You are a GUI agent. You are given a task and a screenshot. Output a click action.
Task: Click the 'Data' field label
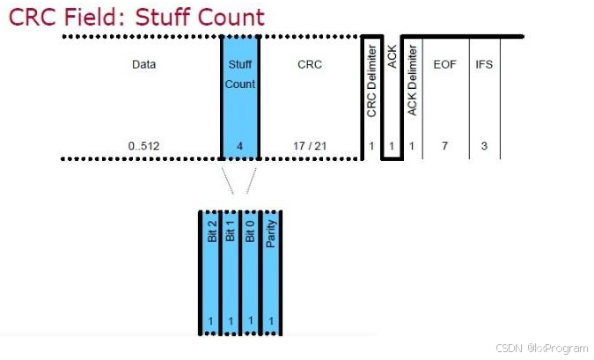pyautogui.click(x=143, y=64)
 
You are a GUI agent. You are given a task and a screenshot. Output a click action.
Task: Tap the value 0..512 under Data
pyautogui.click(x=143, y=145)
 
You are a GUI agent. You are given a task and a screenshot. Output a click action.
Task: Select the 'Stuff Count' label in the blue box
pyautogui.click(x=239, y=74)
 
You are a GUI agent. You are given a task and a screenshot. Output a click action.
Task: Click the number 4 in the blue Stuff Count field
pyautogui.click(x=239, y=145)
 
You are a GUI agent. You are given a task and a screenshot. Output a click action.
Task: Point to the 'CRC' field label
pyautogui.click(x=310, y=64)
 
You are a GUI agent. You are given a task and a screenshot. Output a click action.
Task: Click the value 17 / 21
pyautogui.click(x=310, y=145)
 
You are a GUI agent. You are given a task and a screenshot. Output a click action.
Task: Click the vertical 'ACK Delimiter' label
pyautogui.click(x=413, y=84)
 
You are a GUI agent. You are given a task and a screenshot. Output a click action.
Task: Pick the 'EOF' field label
pyautogui.click(x=445, y=64)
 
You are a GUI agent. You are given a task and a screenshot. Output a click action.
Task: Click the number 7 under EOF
pyautogui.click(x=445, y=145)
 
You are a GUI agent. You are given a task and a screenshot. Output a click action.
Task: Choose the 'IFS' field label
pyautogui.click(x=484, y=64)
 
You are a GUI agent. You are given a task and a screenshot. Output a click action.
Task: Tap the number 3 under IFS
pyautogui.click(x=484, y=145)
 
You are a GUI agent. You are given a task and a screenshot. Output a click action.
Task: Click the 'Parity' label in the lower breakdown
pyautogui.click(x=273, y=231)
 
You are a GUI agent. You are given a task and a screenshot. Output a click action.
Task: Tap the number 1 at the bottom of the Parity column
pyautogui.click(x=272, y=321)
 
